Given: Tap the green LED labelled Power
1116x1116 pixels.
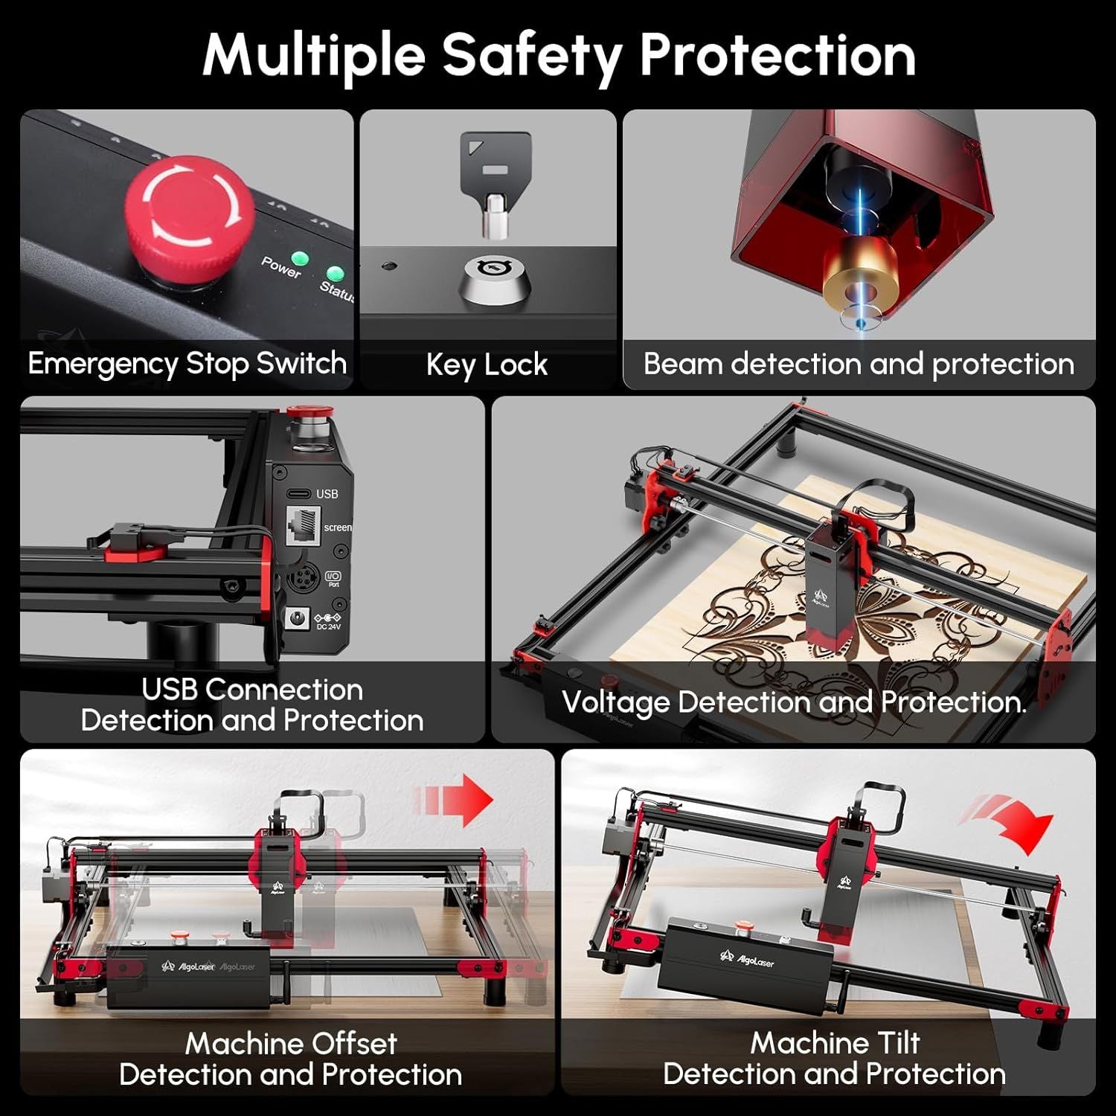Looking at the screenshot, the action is pyautogui.click(x=300, y=259).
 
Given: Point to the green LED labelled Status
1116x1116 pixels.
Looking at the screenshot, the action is pyautogui.click(x=336, y=274).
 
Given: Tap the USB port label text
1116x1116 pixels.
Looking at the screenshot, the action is pyautogui.click(x=327, y=494).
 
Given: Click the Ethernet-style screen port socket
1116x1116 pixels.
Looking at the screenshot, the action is pyautogui.click(x=304, y=527).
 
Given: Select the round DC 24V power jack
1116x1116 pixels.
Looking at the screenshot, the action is pyautogui.click(x=300, y=619).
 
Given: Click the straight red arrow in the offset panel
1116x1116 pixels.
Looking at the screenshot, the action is pyautogui.click(x=453, y=800).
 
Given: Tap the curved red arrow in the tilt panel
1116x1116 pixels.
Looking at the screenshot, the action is pyautogui.click(x=1009, y=822).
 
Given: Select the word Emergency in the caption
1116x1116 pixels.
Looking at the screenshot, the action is pyautogui.click(x=103, y=365).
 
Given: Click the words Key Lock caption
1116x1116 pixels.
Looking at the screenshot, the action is pyautogui.click(x=487, y=365).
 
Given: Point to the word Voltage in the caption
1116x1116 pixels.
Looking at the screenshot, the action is pyautogui.click(x=616, y=703).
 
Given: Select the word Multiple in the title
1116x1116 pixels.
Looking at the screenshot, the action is pyautogui.click(x=313, y=57).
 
